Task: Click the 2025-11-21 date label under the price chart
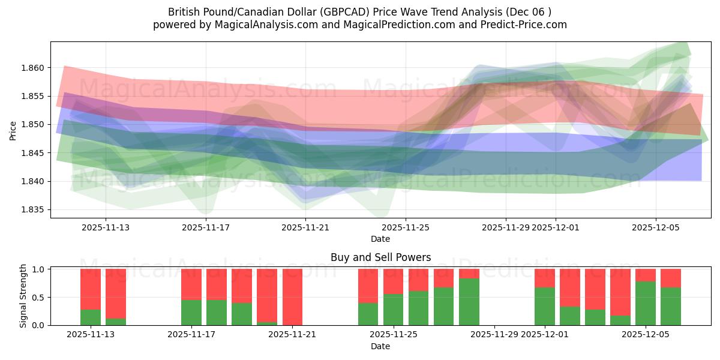coord(305,227)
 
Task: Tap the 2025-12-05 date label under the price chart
coord(655,227)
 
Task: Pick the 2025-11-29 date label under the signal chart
coord(494,335)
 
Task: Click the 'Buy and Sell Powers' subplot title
coord(380,257)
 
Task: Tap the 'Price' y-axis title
coord(13,130)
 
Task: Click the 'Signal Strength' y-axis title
coord(23,296)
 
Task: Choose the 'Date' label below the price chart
coord(380,239)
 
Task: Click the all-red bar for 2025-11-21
coord(292,297)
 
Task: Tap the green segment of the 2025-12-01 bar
coord(545,307)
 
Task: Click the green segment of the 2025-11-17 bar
coord(191,313)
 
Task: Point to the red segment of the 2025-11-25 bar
coord(393,281)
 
